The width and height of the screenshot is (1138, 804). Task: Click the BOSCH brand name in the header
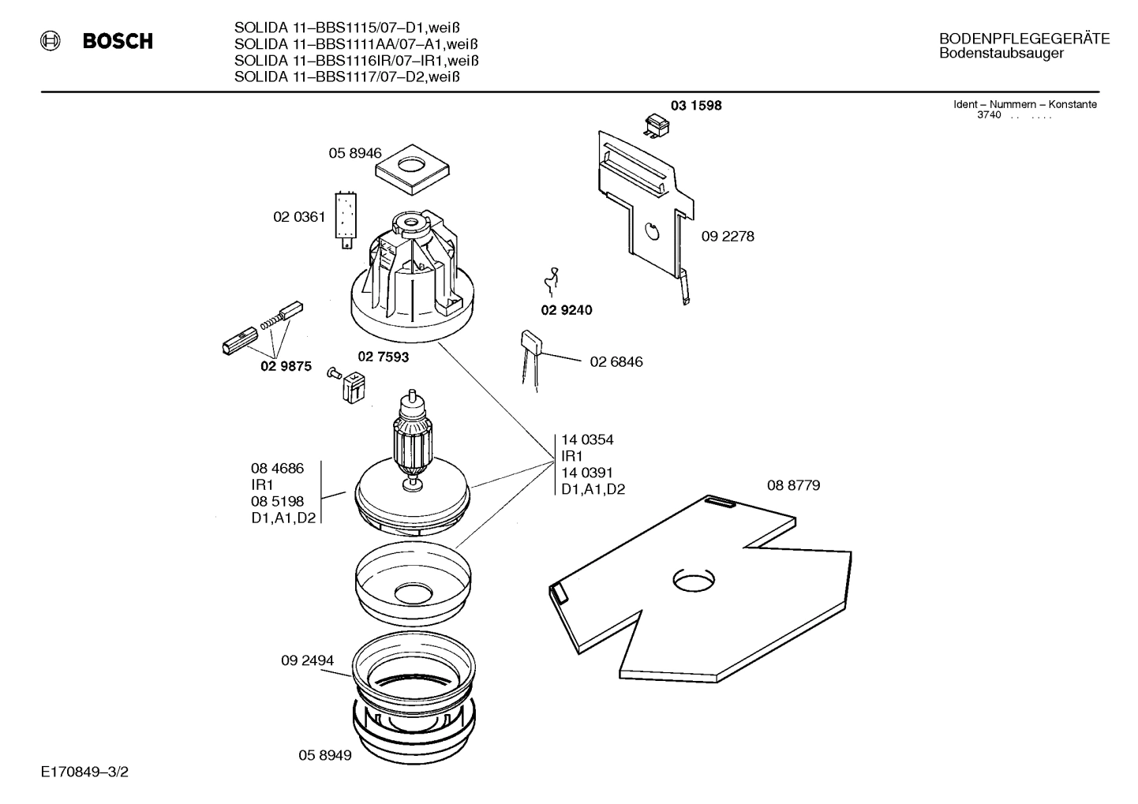pyautogui.click(x=118, y=42)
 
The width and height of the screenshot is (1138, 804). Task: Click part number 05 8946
pyautogui.click(x=355, y=154)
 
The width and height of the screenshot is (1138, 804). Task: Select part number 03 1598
pyautogui.click(x=696, y=106)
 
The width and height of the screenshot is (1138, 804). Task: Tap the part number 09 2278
pyautogui.click(x=728, y=236)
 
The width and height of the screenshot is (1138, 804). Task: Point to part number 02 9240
pyautogui.click(x=566, y=310)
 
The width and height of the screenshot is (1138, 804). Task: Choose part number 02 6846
pyautogui.click(x=616, y=362)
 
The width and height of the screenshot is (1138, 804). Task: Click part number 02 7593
pyautogui.click(x=384, y=357)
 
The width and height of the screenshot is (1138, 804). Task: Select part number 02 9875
pyautogui.click(x=286, y=367)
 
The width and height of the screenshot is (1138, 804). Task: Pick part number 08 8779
pyautogui.click(x=793, y=485)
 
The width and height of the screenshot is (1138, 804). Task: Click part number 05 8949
pyautogui.click(x=325, y=756)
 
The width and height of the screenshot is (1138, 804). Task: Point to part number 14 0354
pyautogui.click(x=587, y=439)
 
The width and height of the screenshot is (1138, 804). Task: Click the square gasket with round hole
pyautogui.click(x=412, y=169)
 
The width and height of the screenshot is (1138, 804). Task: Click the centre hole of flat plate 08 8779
pyautogui.click(x=694, y=580)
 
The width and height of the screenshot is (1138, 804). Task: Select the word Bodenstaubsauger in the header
pyautogui.click(x=1001, y=54)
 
